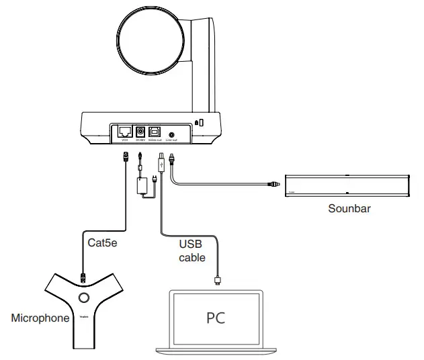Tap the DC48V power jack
[142, 132]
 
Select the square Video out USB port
[157, 132]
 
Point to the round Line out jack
[173, 133]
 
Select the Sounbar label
[349, 208]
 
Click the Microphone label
[40, 318]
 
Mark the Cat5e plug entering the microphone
[83, 275]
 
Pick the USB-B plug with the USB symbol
[161, 161]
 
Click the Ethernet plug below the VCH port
[126, 158]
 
